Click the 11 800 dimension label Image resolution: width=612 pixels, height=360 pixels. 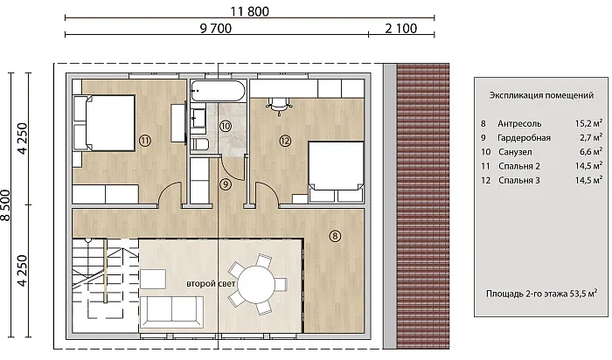click(x=249, y=11)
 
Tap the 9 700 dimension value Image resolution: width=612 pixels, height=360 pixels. click(x=216, y=29)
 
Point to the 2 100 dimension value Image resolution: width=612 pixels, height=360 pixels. click(x=400, y=29)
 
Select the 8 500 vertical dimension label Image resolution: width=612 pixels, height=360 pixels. click(x=6, y=205)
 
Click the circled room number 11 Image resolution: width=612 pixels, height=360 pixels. click(x=145, y=141)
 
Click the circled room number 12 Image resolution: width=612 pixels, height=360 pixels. click(x=285, y=141)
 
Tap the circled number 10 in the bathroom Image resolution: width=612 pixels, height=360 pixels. click(x=226, y=126)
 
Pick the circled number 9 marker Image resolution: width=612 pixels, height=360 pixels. click(x=226, y=184)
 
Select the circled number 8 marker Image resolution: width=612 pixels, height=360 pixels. click(x=335, y=236)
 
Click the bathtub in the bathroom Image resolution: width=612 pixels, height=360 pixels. click(x=218, y=91)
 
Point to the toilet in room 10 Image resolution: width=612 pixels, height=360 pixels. click(x=200, y=143)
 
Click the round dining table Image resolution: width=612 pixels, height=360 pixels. click(x=256, y=284)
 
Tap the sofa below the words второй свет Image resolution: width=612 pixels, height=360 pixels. click(x=171, y=312)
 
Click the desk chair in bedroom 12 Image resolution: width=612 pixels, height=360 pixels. click(x=279, y=106)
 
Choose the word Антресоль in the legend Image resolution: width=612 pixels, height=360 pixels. click(x=519, y=123)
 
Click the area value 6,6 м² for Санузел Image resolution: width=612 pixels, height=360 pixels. click(x=590, y=151)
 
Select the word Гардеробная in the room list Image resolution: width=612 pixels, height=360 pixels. click(x=524, y=138)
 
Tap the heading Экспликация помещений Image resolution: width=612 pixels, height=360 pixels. click(x=541, y=95)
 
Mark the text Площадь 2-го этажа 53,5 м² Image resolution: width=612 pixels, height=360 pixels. click(x=541, y=294)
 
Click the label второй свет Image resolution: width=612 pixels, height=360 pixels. click(x=211, y=284)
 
